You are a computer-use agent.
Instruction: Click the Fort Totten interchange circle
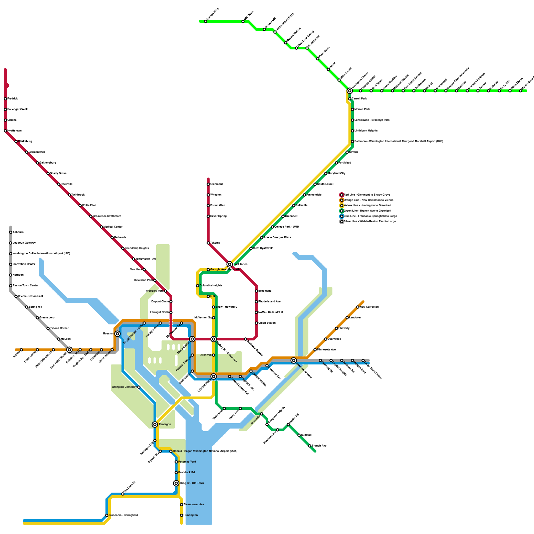(230, 264)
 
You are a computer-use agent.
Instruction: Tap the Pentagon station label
(165, 425)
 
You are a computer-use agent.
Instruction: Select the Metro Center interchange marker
(192, 339)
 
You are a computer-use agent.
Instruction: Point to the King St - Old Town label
(192, 483)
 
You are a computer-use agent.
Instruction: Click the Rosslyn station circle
(117, 334)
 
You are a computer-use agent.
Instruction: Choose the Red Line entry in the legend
(367, 195)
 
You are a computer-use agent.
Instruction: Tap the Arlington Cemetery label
(124, 387)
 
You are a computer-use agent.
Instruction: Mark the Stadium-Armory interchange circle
(294, 360)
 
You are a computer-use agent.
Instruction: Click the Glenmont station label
(217, 184)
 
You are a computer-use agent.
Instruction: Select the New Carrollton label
(369, 307)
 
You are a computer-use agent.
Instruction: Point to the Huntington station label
(191, 515)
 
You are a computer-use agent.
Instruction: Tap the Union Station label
(267, 323)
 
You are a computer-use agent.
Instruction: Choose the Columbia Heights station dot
(198, 286)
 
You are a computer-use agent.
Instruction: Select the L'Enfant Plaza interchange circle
(214, 376)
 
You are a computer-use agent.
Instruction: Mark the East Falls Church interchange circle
(69, 350)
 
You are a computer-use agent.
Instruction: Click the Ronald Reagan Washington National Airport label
(205, 451)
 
